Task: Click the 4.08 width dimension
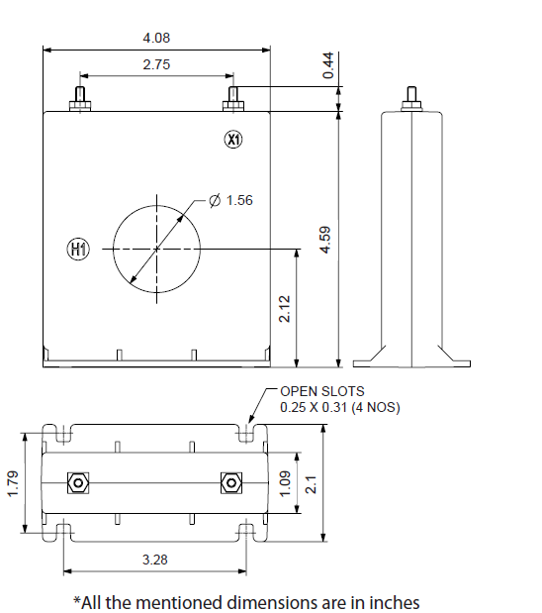click(155, 39)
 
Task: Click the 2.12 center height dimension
click(285, 309)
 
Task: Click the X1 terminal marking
click(233, 140)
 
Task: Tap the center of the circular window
click(156, 248)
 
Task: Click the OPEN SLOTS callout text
click(321, 391)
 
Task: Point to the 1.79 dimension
click(13, 483)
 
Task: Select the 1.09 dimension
click(287, 483)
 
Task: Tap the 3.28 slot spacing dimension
click(155, 560)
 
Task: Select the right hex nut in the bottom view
click(229, 483)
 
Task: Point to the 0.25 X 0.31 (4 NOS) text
click(339, 407)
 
